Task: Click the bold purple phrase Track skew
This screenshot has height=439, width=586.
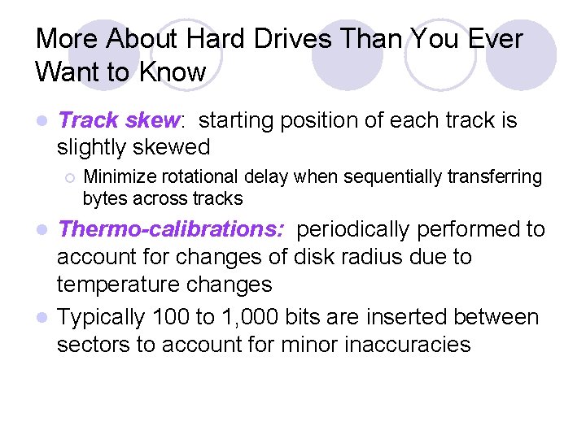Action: click(120, 121)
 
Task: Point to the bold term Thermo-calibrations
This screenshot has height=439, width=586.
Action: click(171, 229)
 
